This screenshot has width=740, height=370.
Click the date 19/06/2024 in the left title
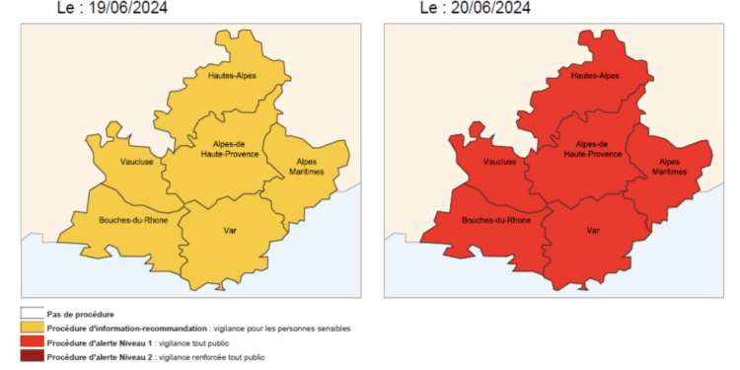(x=129, y=9)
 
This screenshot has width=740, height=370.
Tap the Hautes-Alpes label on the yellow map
(x=232, y=75)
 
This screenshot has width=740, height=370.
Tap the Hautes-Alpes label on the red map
(x=596, y=75)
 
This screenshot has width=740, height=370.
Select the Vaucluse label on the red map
(x=500, y=162)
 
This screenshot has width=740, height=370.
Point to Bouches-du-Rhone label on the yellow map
(x=133, y=221)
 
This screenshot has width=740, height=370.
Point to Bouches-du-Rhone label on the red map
(x=497, y=221)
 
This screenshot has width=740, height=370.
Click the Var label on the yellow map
(x=230, y=230)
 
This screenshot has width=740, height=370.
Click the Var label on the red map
(x=594, y=230)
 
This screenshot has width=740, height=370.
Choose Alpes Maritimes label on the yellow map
(x=305, y=166)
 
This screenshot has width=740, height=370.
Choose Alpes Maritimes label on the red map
(x=669, y=166)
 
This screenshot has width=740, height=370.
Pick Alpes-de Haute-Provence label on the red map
(x=594, y=150)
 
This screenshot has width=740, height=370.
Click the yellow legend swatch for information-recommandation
(x=32, y=328)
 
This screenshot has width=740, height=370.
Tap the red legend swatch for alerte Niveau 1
(x=32, y=341)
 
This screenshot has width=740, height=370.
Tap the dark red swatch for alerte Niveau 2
(x=32, y=355)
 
